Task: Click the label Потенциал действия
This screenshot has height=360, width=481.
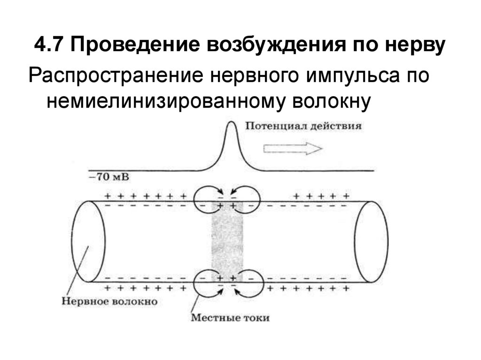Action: [x=303, y=127]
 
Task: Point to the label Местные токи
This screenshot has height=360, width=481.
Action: [x=230, y=318]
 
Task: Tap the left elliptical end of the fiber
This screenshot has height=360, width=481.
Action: [x=89, y=241]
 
